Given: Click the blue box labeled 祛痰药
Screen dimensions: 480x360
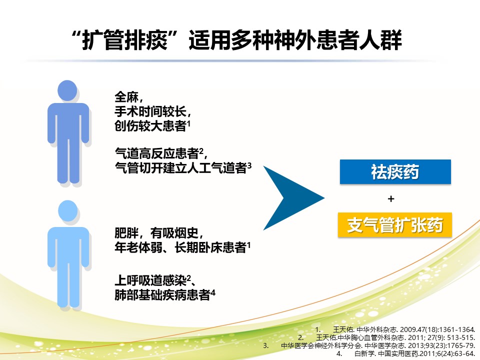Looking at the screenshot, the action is click(x=395, y=171).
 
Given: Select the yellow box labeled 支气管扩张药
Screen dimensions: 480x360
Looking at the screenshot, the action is click(x=395, y=225).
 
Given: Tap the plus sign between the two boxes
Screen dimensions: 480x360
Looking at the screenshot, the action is click(x=391, y=199).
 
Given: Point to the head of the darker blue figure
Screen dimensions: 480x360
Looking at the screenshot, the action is click(x=67, y=90).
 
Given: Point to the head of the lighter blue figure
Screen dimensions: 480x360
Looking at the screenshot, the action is click(x=67, y=210).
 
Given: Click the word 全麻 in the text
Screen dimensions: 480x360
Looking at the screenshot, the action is click(x=126, y=97).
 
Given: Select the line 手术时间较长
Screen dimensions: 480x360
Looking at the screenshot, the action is click(x=150, y=111).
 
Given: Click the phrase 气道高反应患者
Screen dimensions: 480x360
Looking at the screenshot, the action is click(x=156, y=153).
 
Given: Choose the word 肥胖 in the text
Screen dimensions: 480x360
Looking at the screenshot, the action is click(x=126, y=233).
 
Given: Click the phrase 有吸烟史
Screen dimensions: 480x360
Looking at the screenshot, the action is click(x=174, y=233).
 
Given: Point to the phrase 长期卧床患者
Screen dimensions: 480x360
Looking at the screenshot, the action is click(x=210, y=247).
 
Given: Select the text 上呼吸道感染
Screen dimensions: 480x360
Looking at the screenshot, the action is click(x=150, y=280).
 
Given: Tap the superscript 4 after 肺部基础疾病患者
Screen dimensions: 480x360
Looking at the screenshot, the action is click(x=213, y=292).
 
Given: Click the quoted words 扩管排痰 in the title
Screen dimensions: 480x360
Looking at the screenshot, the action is click(x=125, y=40).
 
